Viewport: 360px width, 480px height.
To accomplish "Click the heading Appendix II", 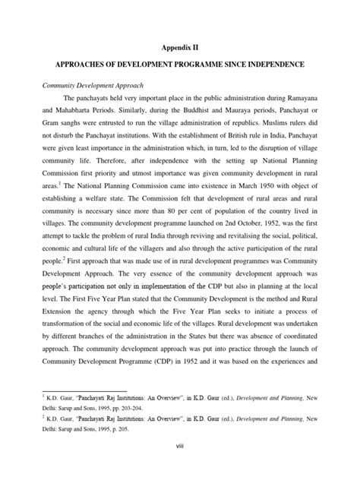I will [x=179, y=47].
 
